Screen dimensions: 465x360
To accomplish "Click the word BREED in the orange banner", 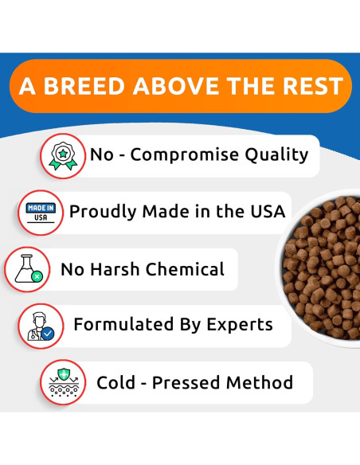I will (x=90, y=86).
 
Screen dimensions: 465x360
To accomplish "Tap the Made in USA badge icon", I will (x=40, y=212).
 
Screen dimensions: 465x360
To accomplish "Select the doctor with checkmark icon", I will (x=41, y=326).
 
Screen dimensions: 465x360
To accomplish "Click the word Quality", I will (x=275, y=154).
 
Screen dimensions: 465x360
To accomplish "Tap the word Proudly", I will (x=102, y=212).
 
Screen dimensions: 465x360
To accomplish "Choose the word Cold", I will (x=116, y=383).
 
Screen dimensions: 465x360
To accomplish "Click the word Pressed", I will (x=187, y=383).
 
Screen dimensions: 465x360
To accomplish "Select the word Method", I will (x=260, y=383).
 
